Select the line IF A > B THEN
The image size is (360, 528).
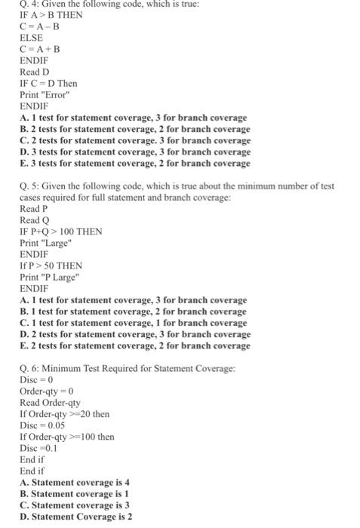coord(51,15)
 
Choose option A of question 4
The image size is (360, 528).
coord(134,118)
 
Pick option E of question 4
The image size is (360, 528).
coord(134,163)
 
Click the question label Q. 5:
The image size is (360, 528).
coord(31,186)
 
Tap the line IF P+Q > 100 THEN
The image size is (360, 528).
coord(61,231)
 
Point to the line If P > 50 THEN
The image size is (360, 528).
coord(51,266)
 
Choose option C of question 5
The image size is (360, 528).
coord(134,322)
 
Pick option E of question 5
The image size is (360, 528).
coord(134,345)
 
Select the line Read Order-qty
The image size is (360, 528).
coord(50,402)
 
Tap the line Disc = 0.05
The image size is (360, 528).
coord(42,425)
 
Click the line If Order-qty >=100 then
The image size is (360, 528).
coord(67,436)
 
